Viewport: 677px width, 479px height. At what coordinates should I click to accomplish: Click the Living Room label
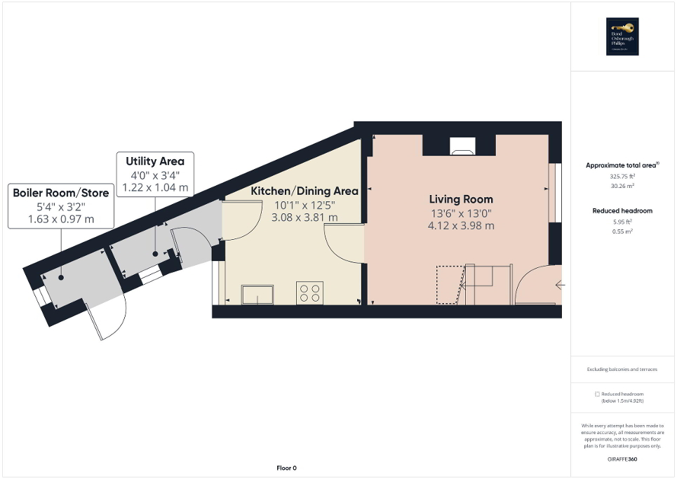click(461, 199)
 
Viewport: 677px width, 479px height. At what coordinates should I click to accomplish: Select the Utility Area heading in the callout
click(155, 161)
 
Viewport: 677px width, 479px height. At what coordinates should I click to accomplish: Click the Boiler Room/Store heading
click(60, 193)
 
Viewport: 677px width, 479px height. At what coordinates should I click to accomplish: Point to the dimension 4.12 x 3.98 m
click(461, 226)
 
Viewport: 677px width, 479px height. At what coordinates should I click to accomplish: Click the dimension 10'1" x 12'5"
click(304, 205)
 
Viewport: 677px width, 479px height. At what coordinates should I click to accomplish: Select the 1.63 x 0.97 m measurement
click(60, 220)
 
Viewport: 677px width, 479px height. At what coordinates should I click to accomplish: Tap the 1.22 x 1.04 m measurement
click(155, 187)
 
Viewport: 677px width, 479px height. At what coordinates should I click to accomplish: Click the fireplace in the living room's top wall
click(461, 147)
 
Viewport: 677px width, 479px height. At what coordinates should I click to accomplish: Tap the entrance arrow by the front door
click(559, 285)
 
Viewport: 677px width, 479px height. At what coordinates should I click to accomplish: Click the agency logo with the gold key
click(623, 36)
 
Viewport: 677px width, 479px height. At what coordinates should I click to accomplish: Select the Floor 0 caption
click(285, 468)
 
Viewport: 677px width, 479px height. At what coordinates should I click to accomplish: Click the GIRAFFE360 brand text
click(622, 459)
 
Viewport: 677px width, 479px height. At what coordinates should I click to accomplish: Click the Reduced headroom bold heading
click(622, 210)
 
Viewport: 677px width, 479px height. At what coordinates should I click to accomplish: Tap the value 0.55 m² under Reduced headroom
click(622, 231)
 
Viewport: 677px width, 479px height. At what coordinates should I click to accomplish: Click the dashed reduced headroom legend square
click(597, 394)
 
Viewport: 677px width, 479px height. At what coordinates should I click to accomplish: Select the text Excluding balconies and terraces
click(622, 369)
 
